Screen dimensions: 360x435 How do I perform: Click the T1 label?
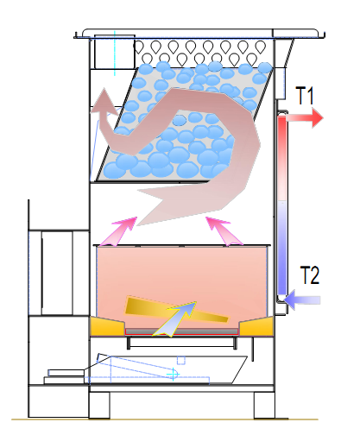pyautogui.click(x=305, y=96)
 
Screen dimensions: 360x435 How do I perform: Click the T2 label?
pyautogui.click(x=310, y=275)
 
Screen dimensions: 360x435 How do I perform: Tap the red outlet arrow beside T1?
pyautogui.click(x=305, y=117)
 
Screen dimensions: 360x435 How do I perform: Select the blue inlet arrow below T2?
pyautogui.click(x=302, y=299)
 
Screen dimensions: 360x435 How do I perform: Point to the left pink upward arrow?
pyautogui.click(x=119, y=231)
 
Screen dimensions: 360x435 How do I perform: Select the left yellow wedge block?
pyautogui.click(x=108, y=326)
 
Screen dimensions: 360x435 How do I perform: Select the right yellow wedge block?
pyautogui.click(x=256, y=326)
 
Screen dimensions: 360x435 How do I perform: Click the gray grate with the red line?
pyautogui.click(x=182, y=331)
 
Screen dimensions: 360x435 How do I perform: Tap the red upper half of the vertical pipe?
pyautogui.click(x=282, y=158)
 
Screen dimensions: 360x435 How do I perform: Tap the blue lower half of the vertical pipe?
pyautogui.click(x=282, y=248)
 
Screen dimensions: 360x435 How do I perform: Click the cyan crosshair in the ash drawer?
pyautogui.click(x=173, y=374)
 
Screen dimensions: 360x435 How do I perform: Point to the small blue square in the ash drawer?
pyautogui.click(x=180, y=360)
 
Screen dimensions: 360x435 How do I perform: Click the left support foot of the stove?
pyautogui.click(x=99, y=405)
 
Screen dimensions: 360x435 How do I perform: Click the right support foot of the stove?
pyautogui.click(x=264, y=405)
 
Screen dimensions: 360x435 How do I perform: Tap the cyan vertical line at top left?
pyautogui.click(x=115, y=53)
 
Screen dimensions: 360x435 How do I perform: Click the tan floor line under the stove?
pyautogui.click(x=165, y=419)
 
